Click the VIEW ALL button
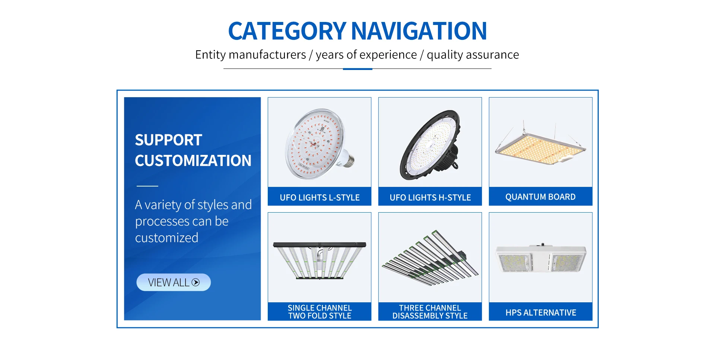[x=174, y=282]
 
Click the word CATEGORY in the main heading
[x=287, y=31]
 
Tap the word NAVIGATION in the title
[x=419, y=31]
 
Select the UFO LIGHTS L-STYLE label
[x=320, y=197]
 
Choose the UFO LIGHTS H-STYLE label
[x=430, y=197]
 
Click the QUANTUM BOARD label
[x=540, y=197]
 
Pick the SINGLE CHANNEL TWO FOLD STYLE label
[x=320, y=312]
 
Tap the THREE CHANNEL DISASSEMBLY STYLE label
[x=430, y=312]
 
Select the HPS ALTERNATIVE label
[x=541, y=312]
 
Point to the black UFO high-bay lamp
[x=430, y=145]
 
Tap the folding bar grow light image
[x=320, y=260]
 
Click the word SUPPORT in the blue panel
[x=168, y=140]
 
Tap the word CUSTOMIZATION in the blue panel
[x=193, y=160]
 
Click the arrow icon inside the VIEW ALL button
[x=196, y=282]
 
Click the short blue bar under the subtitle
[x=357, y=69]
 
